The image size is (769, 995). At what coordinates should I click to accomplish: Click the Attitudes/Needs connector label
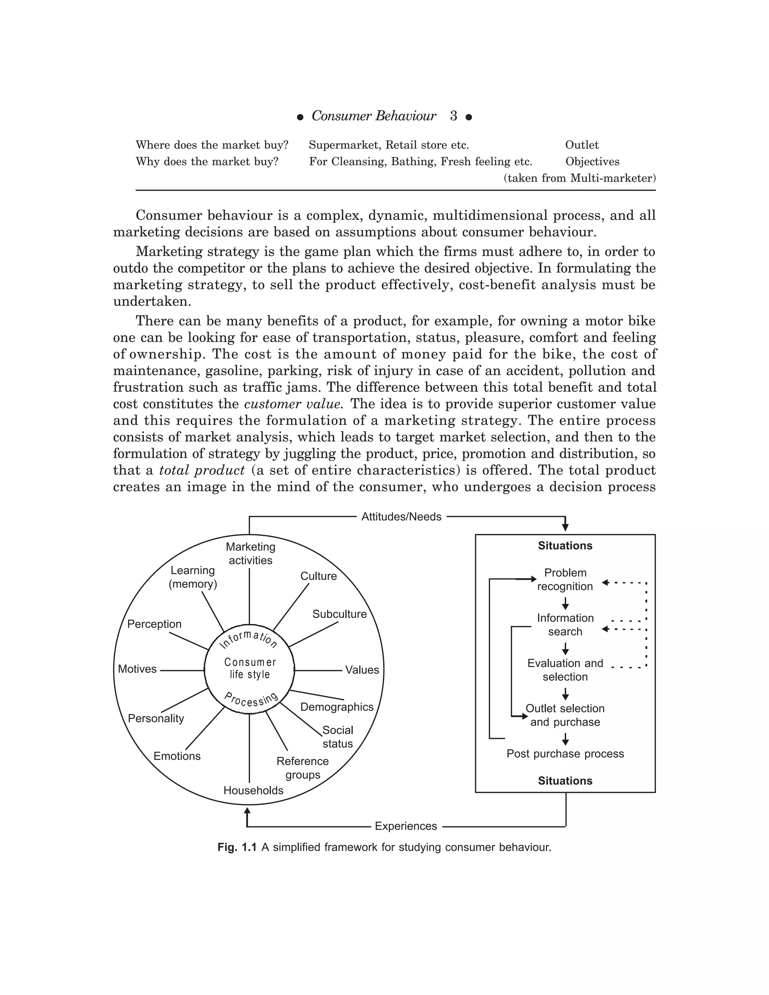401,517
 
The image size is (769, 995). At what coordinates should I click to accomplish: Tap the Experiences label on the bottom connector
406,826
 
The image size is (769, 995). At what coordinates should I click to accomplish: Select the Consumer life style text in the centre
250,668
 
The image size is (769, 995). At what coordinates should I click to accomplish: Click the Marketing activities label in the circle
250,553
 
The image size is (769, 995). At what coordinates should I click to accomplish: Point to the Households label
253,790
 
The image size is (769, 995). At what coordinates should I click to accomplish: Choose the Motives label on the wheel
137,669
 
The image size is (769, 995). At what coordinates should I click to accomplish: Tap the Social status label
338,737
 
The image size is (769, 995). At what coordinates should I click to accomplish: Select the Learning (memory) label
193,577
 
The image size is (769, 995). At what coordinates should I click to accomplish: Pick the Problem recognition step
565,579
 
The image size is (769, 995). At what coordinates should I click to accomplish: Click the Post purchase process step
565,754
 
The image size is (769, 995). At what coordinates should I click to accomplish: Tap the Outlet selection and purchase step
565,715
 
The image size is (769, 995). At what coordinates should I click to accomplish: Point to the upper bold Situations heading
565,546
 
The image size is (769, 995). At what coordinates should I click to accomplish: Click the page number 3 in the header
453,116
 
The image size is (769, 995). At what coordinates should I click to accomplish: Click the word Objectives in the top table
592,162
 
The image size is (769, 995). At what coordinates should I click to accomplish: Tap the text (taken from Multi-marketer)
579,178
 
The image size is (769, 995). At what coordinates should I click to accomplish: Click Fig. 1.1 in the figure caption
237,847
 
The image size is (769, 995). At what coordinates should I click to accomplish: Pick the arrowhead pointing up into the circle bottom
247,811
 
